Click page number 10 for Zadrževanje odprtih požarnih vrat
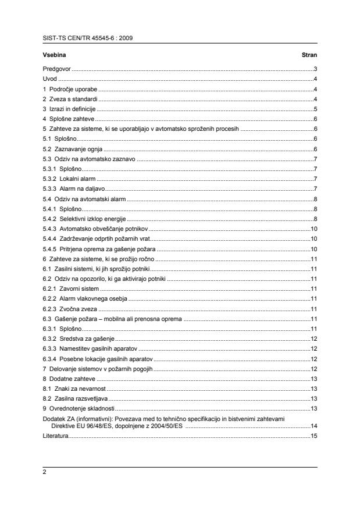[x=313, y=238]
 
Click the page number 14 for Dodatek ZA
[x=313, y=426]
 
